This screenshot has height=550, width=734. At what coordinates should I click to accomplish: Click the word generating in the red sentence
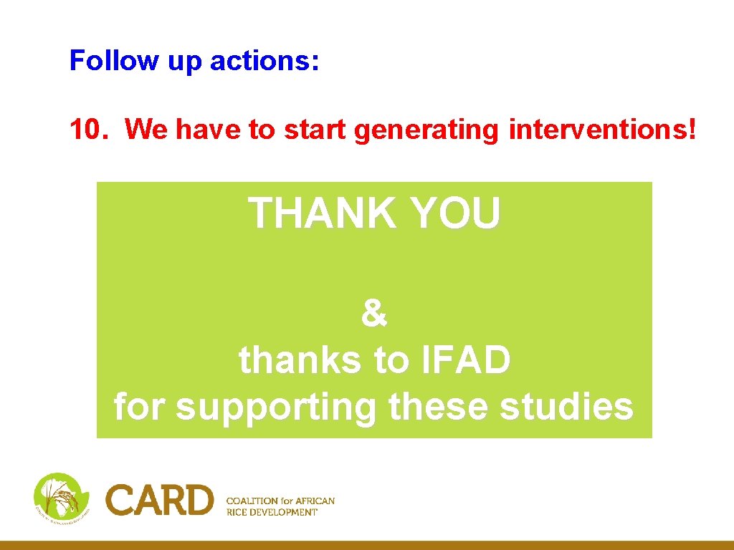(x=428, y=130)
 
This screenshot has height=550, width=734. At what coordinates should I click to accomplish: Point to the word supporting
(x=276, y=407)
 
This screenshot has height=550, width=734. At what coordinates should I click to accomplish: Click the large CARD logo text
(x=160, y=500)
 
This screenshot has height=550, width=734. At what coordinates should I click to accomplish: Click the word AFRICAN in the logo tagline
(x=315, y=501)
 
